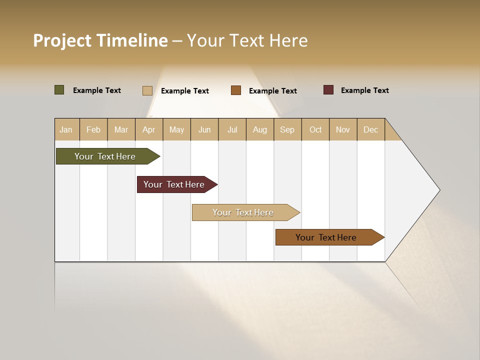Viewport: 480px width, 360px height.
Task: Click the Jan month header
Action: tap(66, 129)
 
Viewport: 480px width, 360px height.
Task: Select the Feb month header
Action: tap(93, 129)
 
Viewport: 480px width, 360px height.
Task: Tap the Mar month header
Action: tap(121, 129)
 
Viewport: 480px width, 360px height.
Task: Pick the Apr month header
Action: tap(149, 129)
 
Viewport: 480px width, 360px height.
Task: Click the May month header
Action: tap(176, 129)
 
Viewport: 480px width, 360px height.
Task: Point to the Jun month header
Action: tap(204, 129)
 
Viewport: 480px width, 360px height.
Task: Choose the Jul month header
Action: tap(232, 129)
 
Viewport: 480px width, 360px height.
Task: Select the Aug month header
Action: tap(260, 129)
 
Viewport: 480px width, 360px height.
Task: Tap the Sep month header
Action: tap(287, 129)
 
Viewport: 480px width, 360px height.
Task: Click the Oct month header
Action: tap(315, 129)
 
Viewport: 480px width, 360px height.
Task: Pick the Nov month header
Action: tap(343, 129)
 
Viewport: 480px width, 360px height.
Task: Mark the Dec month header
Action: tap(371, 129)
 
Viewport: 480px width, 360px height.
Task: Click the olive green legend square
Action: tap(59, 90)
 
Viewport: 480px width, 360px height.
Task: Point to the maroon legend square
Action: tap(328, 90)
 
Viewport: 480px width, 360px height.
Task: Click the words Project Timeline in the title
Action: tap(100, 40)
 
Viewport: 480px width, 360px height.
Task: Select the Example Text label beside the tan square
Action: tap(185, 91)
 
